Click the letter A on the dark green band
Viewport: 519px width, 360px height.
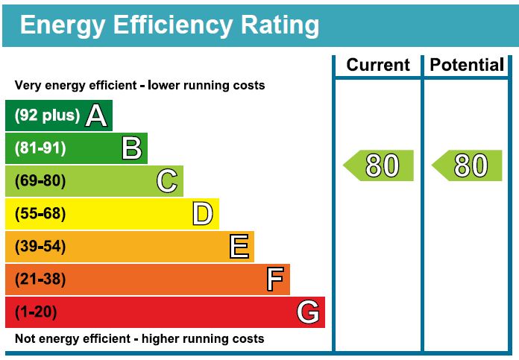pyautogui.click(x=96, y=116)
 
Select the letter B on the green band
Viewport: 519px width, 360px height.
pyautogui.click(x=132, y=148)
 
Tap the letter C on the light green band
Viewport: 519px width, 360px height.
pyautogui.click(x=167, y=181)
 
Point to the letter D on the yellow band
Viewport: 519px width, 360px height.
pyautogui.click(x=203, y=214)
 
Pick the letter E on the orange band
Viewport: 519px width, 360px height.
pyautogui.click(x=239, y=246)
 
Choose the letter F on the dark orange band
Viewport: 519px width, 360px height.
pyautogui.click(x=275, y=280)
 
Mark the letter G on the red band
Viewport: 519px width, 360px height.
pyautogui.click(x=308, y=312)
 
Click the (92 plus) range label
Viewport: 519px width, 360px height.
pyautogui.click(x=46, y=116)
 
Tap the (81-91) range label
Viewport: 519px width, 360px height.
pyautogui.click(x=40, y=148)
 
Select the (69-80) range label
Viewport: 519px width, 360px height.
pyautogui.click(x=40, y=181)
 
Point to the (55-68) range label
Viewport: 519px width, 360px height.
pyautogui.click(x=40, y=214)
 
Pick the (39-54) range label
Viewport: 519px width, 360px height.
pyautogui.click(x=40, y=247)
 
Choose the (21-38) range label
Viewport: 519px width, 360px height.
pyautogui.click(x=40, y=280)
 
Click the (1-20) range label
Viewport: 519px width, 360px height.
pyautogui.click(x=36, y=312)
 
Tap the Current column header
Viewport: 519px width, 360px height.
pyautogui.click(x=378, y=66)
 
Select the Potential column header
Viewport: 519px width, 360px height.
pyautogui.click(x=467, y=66)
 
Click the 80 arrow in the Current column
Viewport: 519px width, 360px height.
pyautogui.click(x=380, y=165)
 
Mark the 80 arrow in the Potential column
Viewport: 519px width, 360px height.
pyautogui.click(x=468, y=165)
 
